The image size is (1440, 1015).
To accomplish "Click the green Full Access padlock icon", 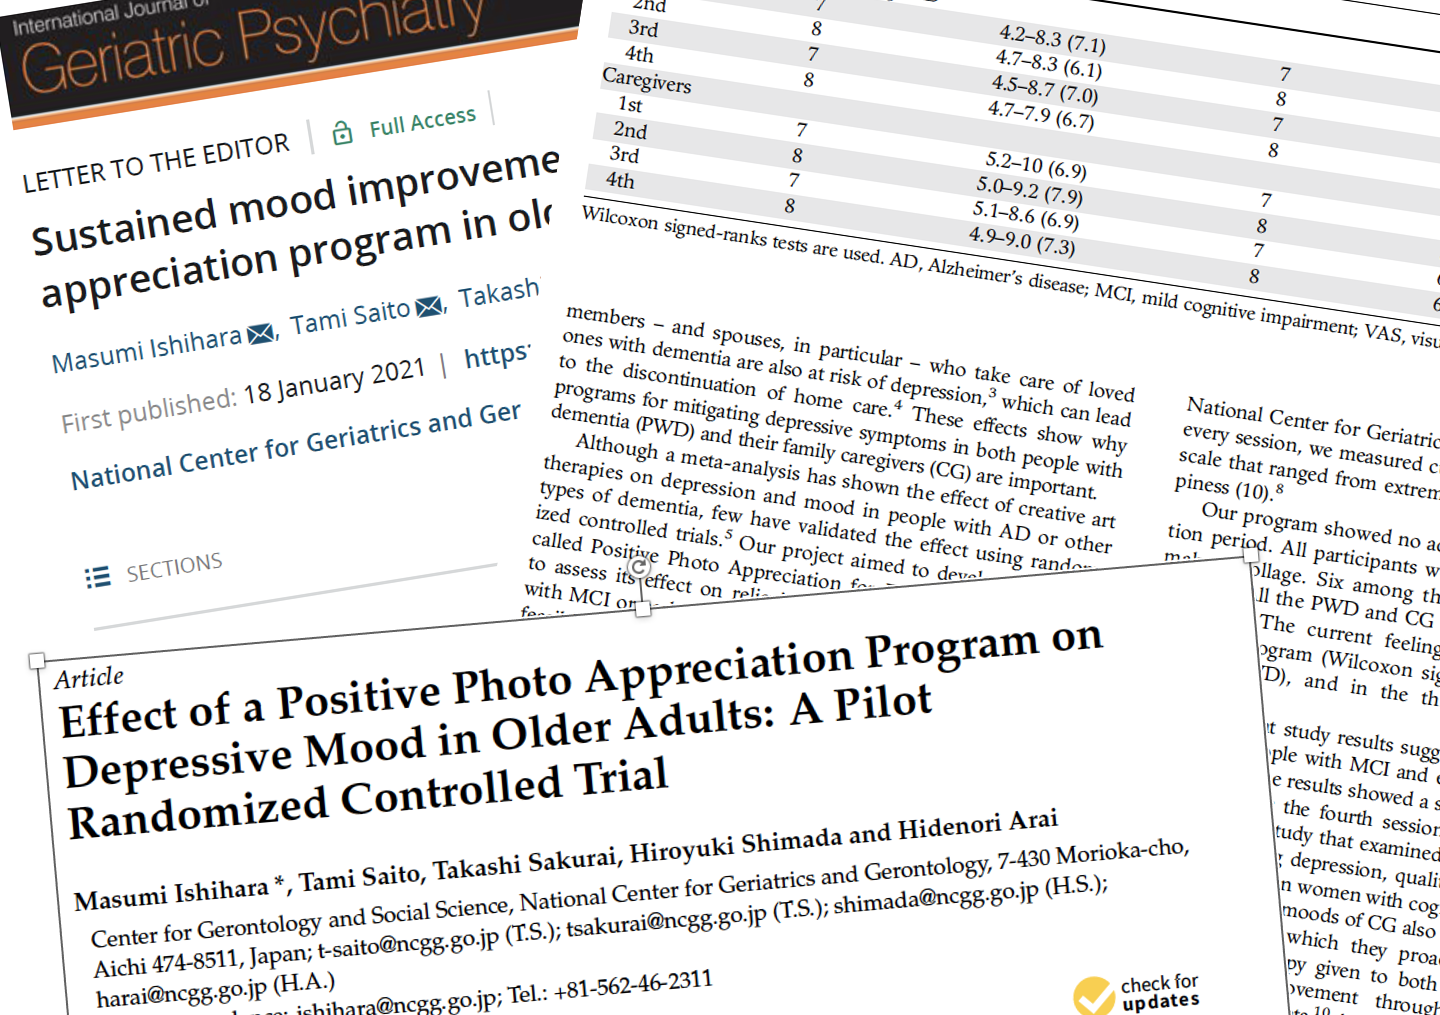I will click(x=342, y=133).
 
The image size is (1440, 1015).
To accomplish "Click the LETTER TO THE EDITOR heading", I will click(x=156, y=163).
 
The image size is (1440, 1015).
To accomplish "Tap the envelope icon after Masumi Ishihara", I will click(x=261, y=334).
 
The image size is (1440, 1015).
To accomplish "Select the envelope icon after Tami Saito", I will click(x=429, y=307).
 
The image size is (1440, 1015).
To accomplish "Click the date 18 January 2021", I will click(x=334, y=382).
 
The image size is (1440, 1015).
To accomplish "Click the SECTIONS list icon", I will click(x=98, y=577).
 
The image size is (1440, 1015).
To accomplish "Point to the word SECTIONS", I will click(x=174, y=567).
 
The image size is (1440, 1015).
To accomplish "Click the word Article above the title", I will click(x=89, y=679).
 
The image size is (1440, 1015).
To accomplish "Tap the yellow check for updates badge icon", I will click(x=1093, y=996).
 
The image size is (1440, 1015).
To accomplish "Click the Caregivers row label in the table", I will click(x=646, y=79).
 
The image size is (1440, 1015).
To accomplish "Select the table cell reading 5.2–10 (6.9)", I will click(x=1035, y=165).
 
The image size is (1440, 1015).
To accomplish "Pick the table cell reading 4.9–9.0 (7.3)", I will click(x=1021, y=240).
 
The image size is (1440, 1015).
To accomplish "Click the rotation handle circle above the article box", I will click(x=638, y=568).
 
